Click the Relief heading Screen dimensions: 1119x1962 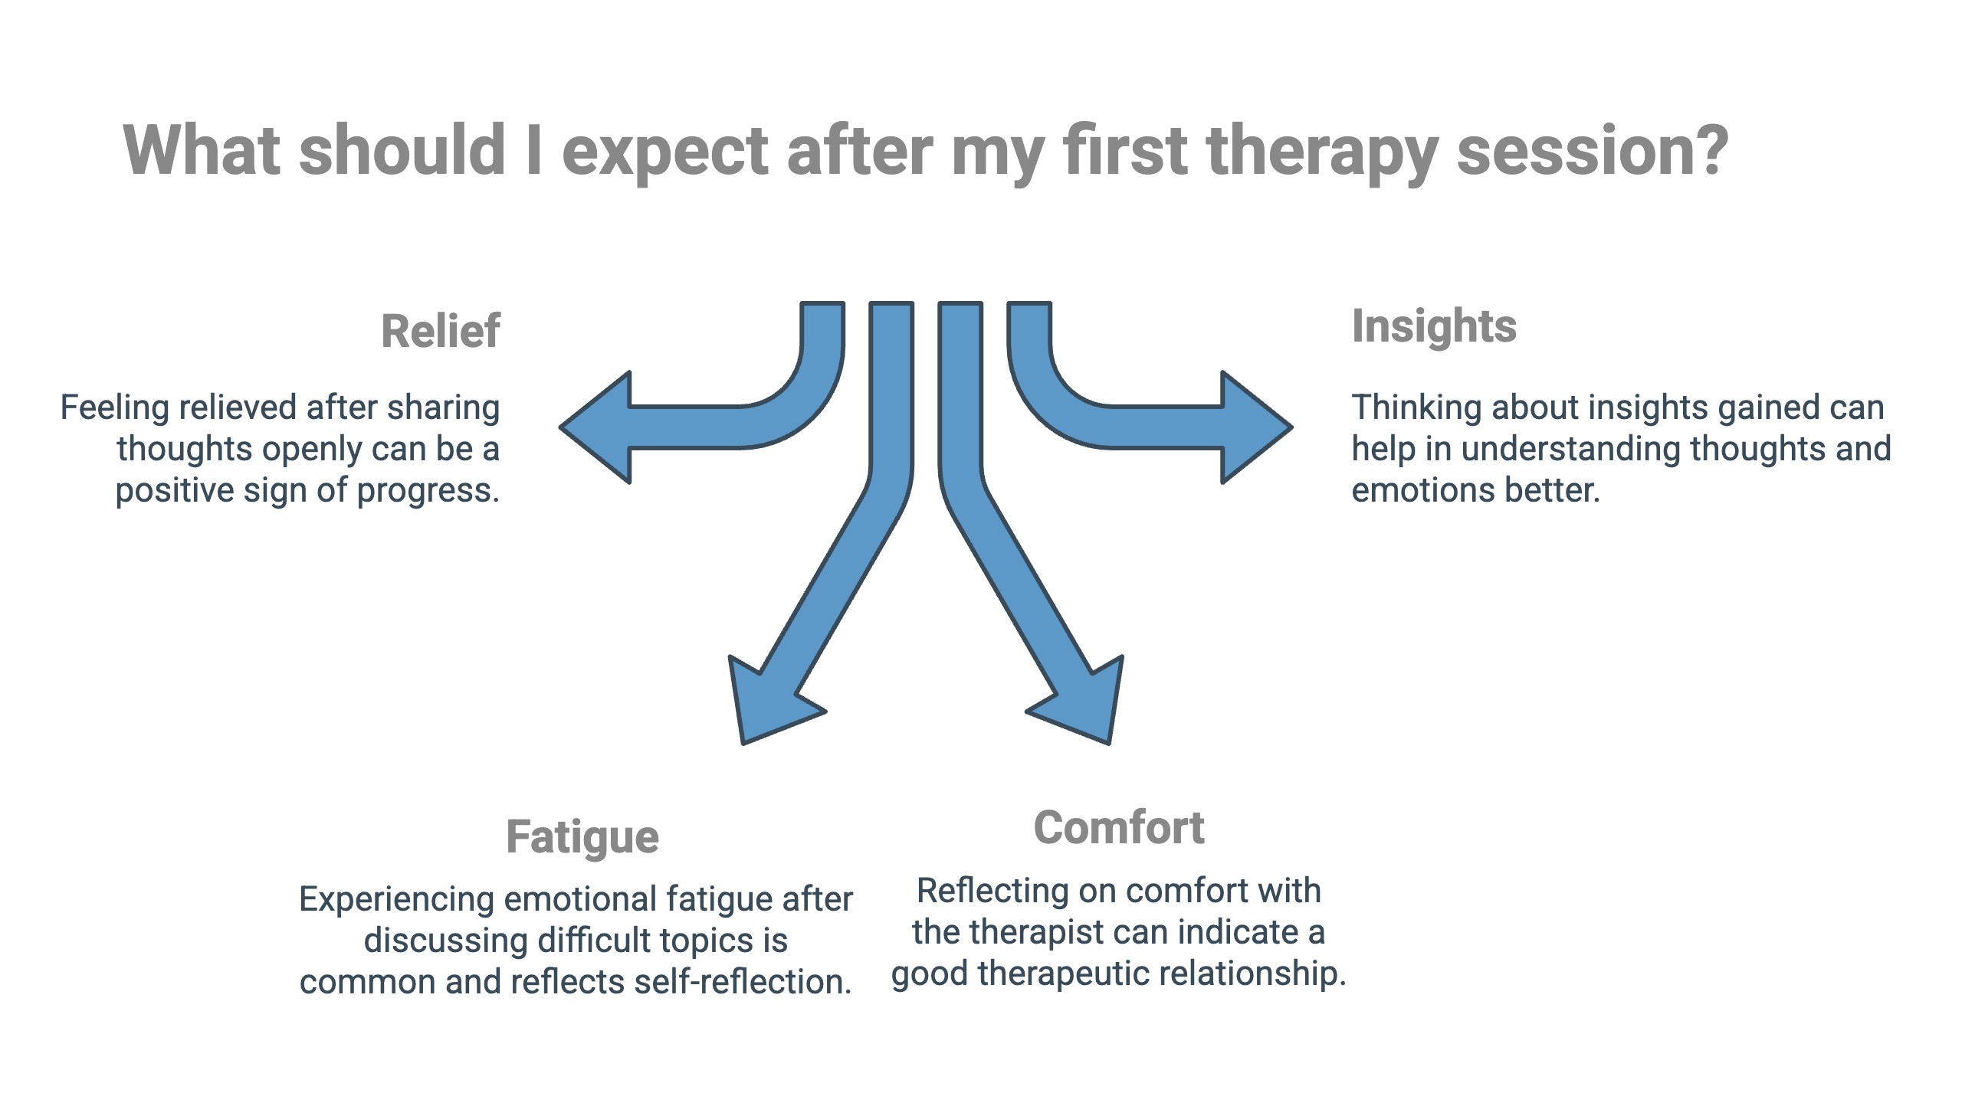(x=441, y=331)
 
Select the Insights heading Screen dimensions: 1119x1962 (x=1434, y=326)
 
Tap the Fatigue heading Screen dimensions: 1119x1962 (x=582, y=836)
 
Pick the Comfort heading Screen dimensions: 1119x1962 (x=1119, y=828)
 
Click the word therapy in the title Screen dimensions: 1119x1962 (x=1321, y=151)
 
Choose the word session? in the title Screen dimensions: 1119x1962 (x=1592, y=151)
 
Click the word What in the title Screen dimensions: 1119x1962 (x=201, y=151)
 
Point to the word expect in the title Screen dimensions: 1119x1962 (x=665, y=151)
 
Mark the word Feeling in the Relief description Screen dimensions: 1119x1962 (x=113, y=407)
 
